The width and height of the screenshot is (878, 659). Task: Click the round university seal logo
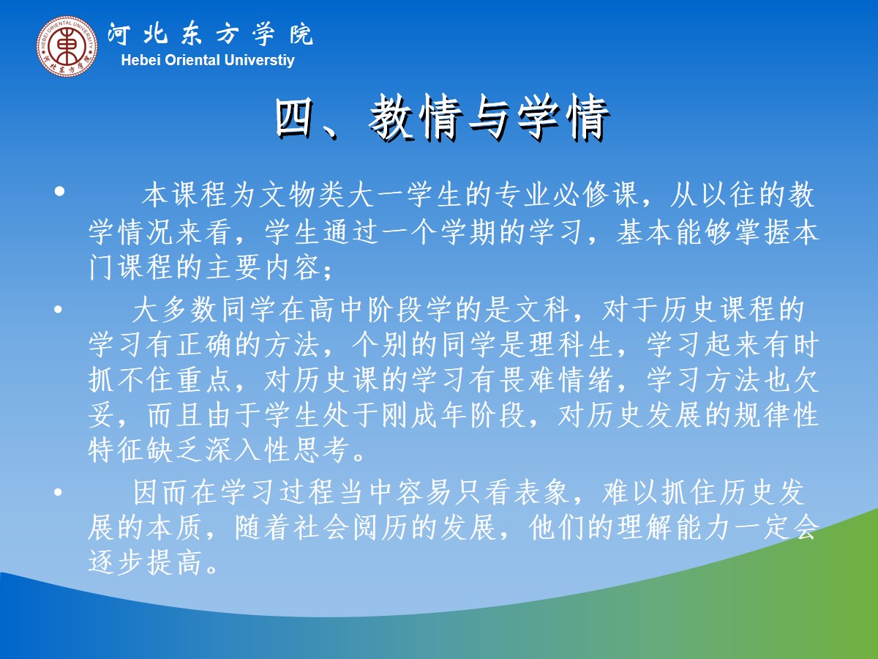[x=67, y=45]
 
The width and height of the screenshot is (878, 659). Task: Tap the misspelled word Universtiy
[x=259, y=61]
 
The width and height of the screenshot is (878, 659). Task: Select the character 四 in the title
[x=295, y=118]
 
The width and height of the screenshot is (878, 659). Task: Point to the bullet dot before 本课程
[x=59, y=191]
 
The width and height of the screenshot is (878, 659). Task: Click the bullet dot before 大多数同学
[x=59, y=309]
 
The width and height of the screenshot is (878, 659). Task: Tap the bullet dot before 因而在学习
[x=59, y=492]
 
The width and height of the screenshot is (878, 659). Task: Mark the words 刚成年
[x=425, y=414]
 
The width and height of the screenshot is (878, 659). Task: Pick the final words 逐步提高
[x=144, y=562]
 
